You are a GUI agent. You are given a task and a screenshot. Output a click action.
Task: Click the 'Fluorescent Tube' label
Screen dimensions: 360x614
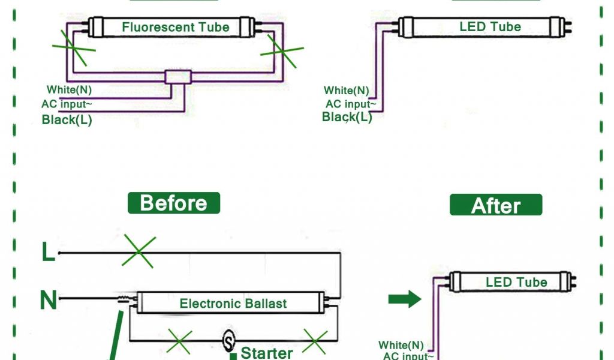tap(176, 27)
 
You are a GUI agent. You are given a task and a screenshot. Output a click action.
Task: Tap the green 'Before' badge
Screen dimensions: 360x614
tap(174, 203)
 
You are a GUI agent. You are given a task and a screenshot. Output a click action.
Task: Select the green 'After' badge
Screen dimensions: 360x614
tap(496, 206)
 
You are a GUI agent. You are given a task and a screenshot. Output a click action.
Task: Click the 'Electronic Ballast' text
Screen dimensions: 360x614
tap(233, 304)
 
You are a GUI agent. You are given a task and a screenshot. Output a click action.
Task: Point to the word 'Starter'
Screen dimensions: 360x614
tap(267, 352)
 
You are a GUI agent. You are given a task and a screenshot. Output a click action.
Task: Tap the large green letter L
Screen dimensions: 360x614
tap(48, 253)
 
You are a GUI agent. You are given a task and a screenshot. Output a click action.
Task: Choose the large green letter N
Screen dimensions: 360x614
tap(48, 300)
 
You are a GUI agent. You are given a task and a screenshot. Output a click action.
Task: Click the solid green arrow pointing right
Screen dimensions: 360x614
tap(405, 299)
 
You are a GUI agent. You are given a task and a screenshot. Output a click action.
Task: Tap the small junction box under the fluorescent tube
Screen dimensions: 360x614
tap(178, 77)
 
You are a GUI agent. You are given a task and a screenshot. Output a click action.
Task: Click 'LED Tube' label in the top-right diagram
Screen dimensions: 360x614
tap(490, 27)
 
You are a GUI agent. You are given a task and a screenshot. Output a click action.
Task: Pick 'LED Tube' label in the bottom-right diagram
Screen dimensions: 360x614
tap(516, 282)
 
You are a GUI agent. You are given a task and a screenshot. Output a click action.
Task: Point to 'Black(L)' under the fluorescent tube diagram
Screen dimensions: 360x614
tap(67, 119)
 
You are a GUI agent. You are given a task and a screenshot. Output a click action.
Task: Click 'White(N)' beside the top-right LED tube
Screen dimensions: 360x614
tap(347, 91)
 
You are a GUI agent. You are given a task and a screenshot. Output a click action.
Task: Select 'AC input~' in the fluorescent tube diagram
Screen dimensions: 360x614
tap(67, 104)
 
